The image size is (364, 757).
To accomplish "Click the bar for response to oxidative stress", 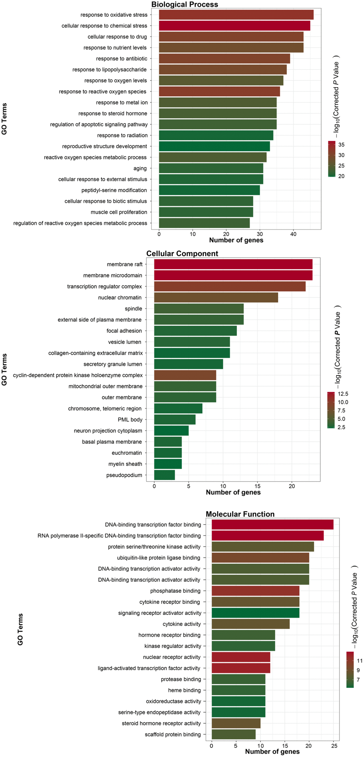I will (236, 15).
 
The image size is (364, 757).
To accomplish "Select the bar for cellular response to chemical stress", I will (234, 26).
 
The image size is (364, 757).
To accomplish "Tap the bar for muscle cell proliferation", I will (206, 212).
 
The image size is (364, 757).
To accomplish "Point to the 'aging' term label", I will (140, 168).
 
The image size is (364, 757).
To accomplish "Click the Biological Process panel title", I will (184, 4).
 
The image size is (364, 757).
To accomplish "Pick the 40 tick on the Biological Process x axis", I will (293, 234).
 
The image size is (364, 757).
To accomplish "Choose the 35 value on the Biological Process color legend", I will (341, 145).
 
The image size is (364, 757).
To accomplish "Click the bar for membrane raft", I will (233, 264).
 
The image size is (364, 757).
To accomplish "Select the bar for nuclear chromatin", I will (216, 298).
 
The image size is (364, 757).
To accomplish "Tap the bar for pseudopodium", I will (164, 475).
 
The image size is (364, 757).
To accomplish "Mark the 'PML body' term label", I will (130, 419).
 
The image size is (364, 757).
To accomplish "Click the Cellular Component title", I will (182, 253).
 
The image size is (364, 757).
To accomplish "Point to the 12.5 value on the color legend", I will (343, 394).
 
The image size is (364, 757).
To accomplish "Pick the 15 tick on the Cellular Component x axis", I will (257, 486).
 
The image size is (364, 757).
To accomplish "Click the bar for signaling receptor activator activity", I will (255, 613).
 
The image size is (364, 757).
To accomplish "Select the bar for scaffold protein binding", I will (233, 735).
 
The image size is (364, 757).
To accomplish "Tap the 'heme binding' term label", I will (184, 690).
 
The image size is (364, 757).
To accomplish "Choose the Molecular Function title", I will (240, 514).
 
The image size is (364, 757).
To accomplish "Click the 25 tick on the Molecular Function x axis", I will (333, 746).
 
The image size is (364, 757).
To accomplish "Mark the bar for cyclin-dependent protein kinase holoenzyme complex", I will (185, 375).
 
